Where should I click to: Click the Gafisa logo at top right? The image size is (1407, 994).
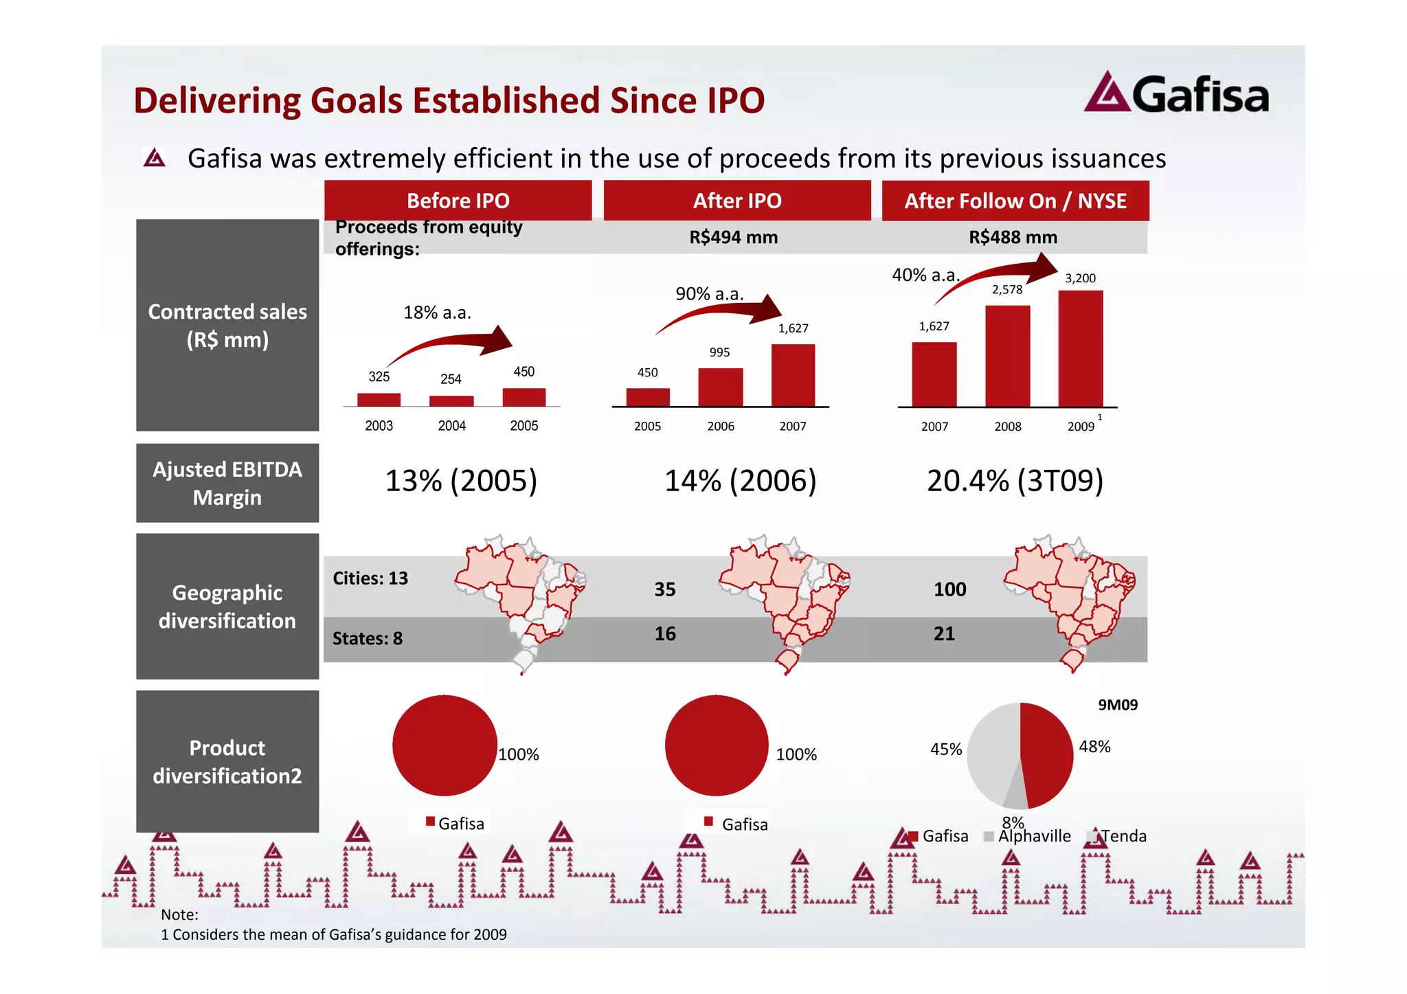pos(1175,93)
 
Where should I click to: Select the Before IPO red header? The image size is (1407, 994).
pos(458,201)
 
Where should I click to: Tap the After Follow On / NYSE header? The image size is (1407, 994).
pos(1015,201)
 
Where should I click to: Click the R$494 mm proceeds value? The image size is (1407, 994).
pos(733,238)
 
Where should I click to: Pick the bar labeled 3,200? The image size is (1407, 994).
pos(1080,348)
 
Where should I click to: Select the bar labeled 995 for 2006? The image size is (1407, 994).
pos(720,387)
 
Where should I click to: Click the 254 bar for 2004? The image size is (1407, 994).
pos(451,401)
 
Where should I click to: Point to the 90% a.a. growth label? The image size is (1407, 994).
pos(709,294)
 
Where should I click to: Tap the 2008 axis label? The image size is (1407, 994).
pos(1007,427)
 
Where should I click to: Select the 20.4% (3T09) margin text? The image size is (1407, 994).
pos(1014,481)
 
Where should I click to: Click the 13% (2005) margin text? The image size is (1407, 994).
pos(461,481)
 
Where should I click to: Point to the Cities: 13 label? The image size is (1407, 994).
pos(370,578)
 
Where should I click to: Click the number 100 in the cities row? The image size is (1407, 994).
pos(949,589)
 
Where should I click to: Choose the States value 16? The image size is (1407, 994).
pos(664,633)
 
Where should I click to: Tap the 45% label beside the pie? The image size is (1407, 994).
pos(945,749)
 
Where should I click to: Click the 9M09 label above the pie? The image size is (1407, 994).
pos(1117,705)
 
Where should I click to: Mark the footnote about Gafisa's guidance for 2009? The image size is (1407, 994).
pos(334,934)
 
